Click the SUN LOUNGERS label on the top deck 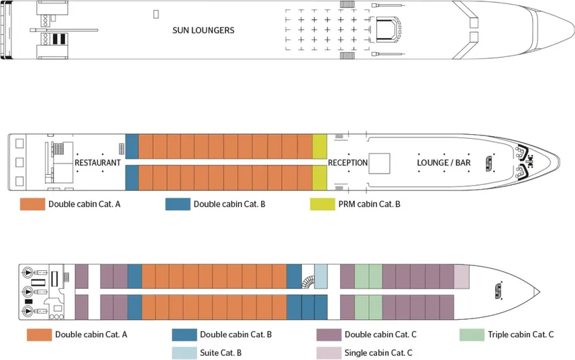[x=203, y=30]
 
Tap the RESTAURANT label [x=98, y=163]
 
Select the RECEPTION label [x=348, y=163]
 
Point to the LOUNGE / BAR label [x=443, y=163]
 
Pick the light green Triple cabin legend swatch [x=472, y=335]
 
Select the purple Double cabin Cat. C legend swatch [x=328, y=335]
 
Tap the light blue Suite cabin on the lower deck [x=321, y=276]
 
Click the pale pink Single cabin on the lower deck [x=461, y=276]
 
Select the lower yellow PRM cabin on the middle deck [x=319, y=178]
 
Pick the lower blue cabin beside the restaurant [x=132, y=178]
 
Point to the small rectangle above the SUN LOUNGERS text [x=156, y=13]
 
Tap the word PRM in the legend [x=337, y=204]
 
